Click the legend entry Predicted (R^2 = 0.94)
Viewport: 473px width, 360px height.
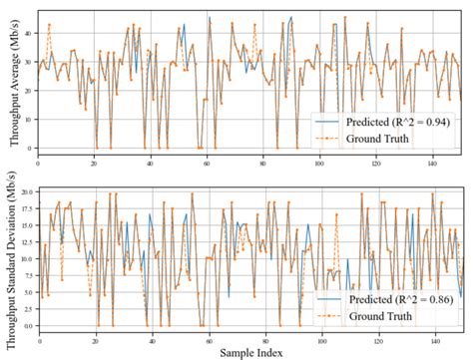tap(394, 121)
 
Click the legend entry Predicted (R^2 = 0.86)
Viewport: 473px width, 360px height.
tap(394, 300)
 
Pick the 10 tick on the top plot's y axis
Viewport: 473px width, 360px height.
tap(26, 119)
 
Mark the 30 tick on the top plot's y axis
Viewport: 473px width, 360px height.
tap(26, 61)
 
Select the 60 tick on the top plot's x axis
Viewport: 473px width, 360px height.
tap(207, 161)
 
